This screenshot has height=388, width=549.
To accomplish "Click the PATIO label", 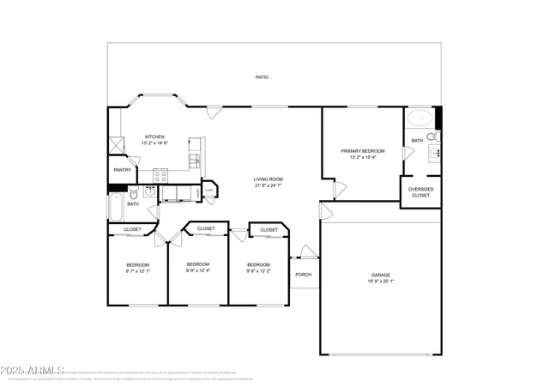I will point(262,77).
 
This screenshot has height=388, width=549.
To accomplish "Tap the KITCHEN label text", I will point(154,136).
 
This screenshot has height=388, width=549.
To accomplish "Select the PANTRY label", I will point(122,170).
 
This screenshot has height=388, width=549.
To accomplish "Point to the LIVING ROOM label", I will point(268,179).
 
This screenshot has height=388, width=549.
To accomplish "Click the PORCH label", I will point(303,275).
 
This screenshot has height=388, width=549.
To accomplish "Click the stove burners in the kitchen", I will point(160,177).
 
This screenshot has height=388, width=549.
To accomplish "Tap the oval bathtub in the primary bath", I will point(419,118).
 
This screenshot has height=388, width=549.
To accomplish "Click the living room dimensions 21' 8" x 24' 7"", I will point(268,185).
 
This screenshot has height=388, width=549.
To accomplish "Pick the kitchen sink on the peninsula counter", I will point(195,161).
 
